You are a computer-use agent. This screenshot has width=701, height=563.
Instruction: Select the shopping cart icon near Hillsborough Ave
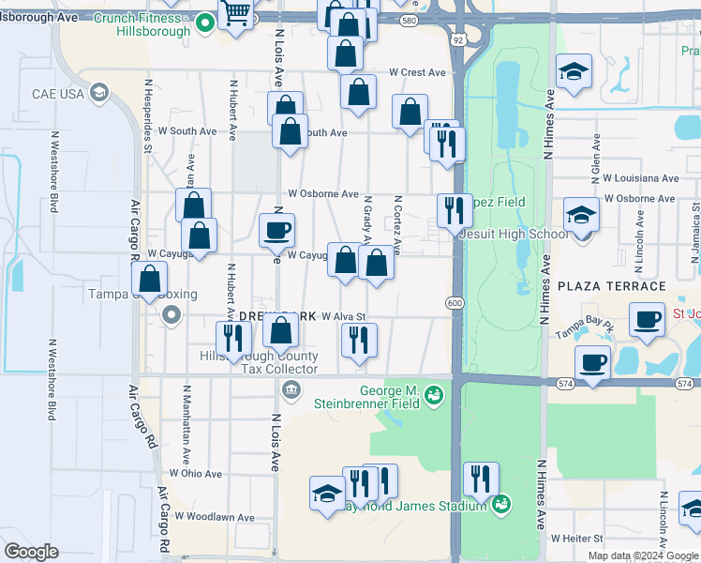click(x=236, y=14)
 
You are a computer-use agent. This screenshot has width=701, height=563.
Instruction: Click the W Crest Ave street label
click(x=418, y=72)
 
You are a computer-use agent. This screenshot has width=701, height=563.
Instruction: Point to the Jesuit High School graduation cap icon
click(x=581, y=217)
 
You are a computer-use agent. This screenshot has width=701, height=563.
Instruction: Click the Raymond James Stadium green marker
click(x=501, y=505)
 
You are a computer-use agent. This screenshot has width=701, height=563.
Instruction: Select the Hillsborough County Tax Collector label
click(x=259, y=362)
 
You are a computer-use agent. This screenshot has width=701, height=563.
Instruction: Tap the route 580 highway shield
click(x=408, y=20)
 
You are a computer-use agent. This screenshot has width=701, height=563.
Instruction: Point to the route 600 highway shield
click(x=455, y=302)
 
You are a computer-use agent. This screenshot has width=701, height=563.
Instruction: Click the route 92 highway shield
click(x=456, y=40)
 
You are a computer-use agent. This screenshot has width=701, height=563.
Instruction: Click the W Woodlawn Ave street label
click(x=219, y=517)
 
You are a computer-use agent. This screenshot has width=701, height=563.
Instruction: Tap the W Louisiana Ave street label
click(x=640, y=177)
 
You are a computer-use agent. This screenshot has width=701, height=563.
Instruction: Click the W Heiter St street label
click(x=581, y=539)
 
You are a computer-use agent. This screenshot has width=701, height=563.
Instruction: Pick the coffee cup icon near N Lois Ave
click(x=276, y=230)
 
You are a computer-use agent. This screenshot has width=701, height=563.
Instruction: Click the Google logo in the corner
click(x=31, y=552)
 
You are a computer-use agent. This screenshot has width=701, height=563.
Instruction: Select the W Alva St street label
click(x=343, y=317)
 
